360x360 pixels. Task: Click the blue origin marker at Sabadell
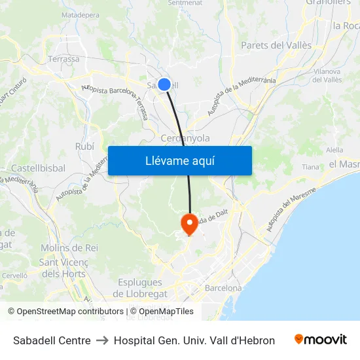tap(164, 84)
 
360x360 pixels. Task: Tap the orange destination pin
tap(189, 224)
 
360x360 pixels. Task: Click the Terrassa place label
tap(63, 59)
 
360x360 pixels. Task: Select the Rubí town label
tap(85, 146)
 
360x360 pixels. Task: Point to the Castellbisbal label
tap(38, 168)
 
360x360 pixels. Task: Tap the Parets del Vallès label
tap(276, 45)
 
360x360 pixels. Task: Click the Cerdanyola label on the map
tap(185, 138)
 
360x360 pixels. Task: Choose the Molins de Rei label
tap(69, 248)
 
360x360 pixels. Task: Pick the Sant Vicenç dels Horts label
tap(63, 268)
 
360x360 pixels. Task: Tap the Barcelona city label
tap(223, 288)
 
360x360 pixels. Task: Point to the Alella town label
tap(334, 150)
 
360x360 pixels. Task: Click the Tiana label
tap(310, 167)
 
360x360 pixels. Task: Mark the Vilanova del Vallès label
tap(327, 75)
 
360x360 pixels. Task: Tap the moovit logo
tap(321, 340)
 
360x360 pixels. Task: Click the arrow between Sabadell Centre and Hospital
tap(102, 340)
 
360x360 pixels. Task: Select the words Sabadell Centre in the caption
tap(52, 340)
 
